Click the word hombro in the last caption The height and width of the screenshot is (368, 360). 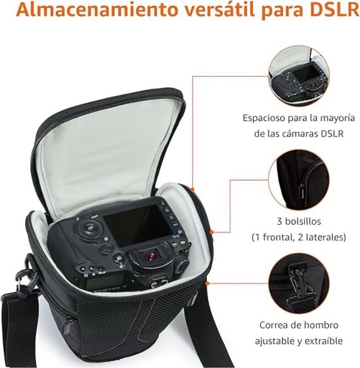318,325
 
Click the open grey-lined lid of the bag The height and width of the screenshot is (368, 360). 112,146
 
